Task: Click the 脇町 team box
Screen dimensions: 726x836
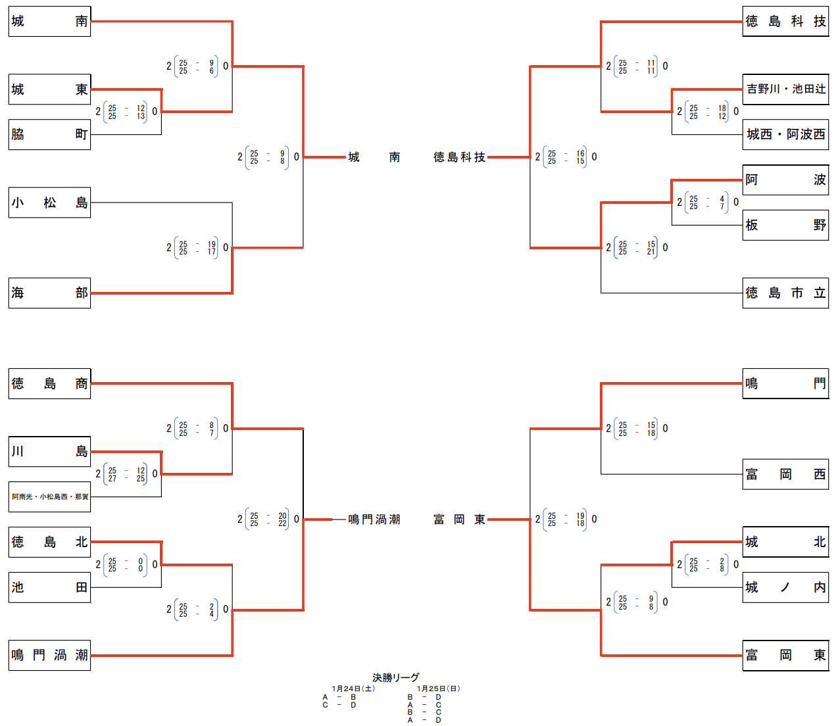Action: pyautogui.click(x=49, y=134)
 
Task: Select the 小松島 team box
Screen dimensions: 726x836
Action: pyautogui.click(x=49, y=203)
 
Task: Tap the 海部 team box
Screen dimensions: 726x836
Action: pyautogui.click(x=49, y=293)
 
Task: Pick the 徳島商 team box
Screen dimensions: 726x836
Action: pyautogui.click(x=49, y=384)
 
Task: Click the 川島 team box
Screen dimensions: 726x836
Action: pyautogui.click(x=49, y=452)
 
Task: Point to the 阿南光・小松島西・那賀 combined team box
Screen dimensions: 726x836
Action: pyautogui.click(x=49, y=496)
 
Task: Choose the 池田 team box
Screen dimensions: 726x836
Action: pyautogui.click(x=49, y=587)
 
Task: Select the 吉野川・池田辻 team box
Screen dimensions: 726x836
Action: pyautogui.click(x=785, y=89)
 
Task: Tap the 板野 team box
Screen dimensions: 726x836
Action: pyautogui.click(x=785, y=225)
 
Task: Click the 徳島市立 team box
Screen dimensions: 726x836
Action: pyautogui.click(x=785, y=293)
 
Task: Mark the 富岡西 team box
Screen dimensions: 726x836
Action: pyautogui.click(x=785, y=474)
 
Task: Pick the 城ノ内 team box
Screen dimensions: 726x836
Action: pyautogui.click(x=785, y=587)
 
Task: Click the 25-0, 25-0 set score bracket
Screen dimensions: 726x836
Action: pyautogui.click(x=126, y=565)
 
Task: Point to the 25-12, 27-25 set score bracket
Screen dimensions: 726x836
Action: pyautogui.click(x=126, y=474)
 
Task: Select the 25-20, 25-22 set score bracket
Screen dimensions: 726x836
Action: pyautogui.click(x=268, y=520)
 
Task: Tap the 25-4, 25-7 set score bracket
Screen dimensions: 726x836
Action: pyautogui.click(x=708, y=203)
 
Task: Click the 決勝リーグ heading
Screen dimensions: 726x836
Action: pyautogui.click(x=395, y=677)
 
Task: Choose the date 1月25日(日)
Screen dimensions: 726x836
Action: pyautogui.click(x=438, y=689)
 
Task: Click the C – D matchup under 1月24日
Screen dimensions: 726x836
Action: pyautogui.click(x=339, y=705)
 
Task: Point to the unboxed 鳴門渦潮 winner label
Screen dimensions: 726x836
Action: pyautogui.click(x=374, y=520)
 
